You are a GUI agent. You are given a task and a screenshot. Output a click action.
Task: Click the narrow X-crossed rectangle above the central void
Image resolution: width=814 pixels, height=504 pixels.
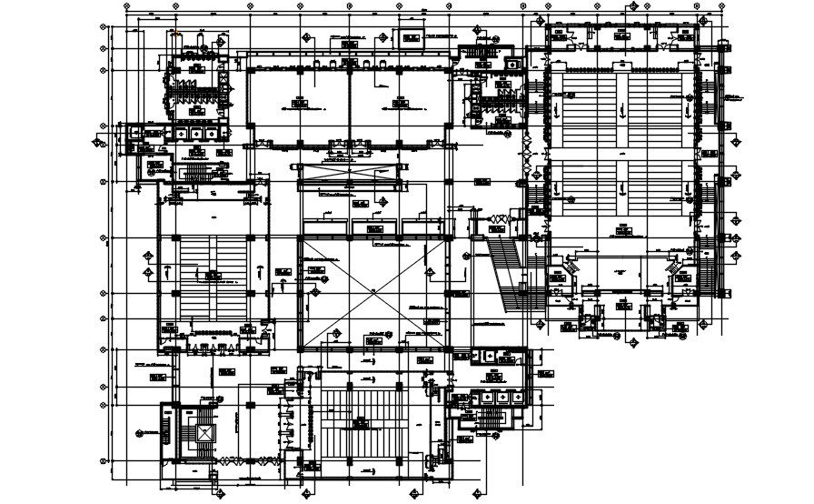tap(349, 173)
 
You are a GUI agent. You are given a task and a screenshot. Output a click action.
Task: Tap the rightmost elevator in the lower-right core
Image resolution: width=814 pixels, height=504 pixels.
tap(517, 397)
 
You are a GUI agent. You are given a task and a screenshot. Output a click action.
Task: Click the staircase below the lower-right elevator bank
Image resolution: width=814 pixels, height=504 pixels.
tap(491, 418)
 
